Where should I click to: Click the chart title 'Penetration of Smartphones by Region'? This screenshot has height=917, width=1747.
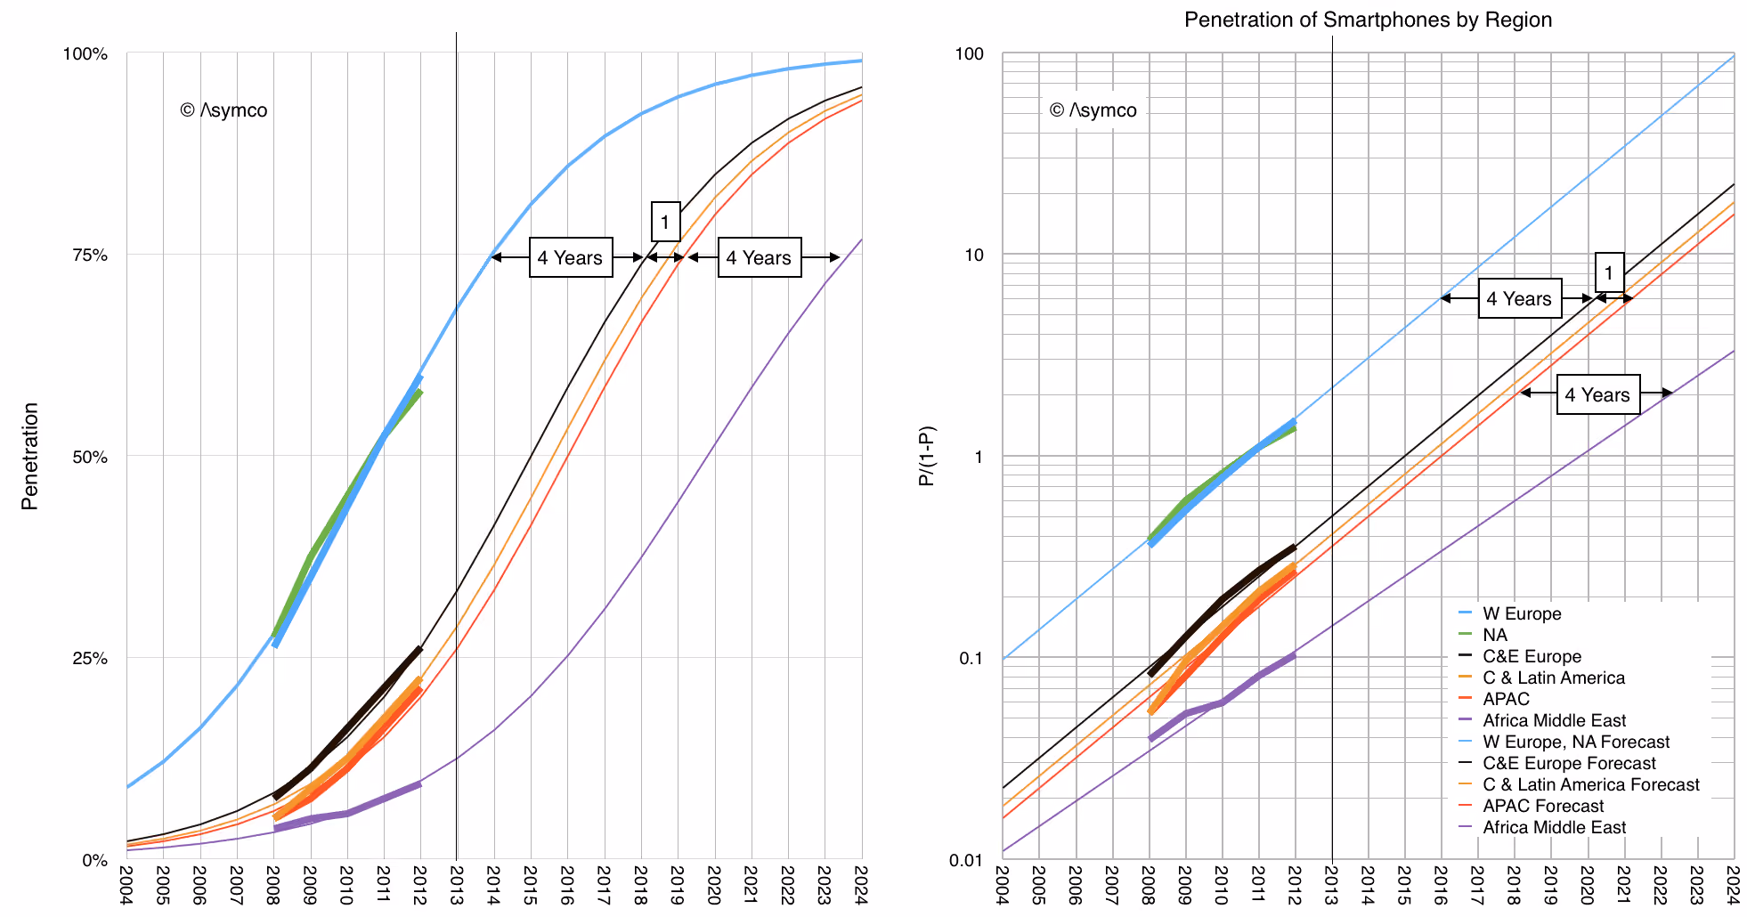1368,20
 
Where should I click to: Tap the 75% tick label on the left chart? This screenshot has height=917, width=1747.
89,256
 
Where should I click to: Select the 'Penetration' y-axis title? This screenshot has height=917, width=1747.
29,456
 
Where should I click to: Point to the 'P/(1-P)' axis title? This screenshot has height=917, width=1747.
927,456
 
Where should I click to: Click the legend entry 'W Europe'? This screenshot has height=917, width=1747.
1521,613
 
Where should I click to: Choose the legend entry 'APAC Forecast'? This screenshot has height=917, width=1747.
1543,806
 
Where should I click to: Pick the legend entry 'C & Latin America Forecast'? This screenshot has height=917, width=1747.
1590,784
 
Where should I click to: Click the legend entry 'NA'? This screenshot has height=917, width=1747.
1494,635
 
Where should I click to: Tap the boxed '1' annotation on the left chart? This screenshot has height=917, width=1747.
665,222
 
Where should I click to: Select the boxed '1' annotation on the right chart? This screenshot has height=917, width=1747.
1609,272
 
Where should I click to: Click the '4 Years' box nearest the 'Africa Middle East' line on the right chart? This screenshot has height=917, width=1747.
1598,394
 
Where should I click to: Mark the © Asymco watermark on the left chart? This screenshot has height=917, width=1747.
223,110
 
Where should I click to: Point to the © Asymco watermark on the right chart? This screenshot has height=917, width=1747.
1093,110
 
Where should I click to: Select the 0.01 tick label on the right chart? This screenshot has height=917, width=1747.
967,860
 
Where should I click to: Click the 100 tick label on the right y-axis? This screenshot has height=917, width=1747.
970,53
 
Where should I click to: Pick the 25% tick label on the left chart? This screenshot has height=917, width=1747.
89,659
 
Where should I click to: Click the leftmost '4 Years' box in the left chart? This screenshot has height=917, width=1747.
571,257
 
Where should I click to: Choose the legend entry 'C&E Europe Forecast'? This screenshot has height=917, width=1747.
1569,763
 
